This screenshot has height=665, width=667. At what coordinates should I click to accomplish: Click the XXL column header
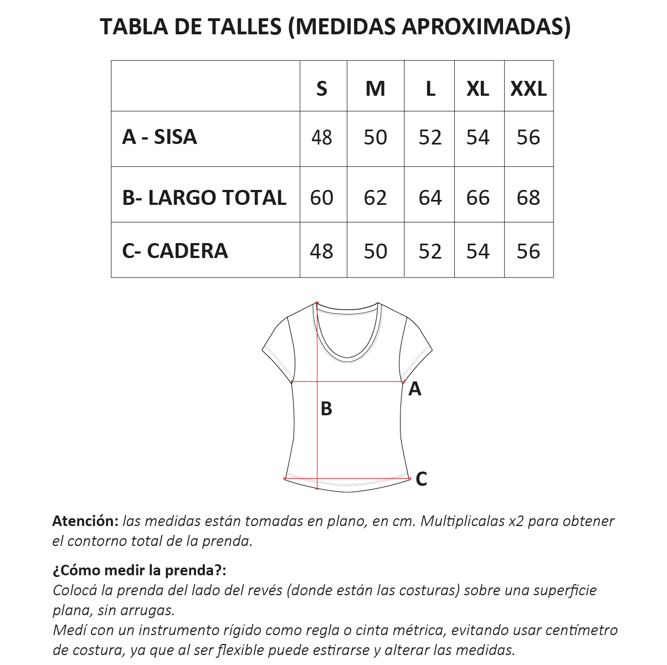(x=528, y=88)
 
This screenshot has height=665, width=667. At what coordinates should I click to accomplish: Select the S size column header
(x=322, y=88)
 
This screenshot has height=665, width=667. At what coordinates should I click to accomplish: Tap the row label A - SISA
(x=160, y=137)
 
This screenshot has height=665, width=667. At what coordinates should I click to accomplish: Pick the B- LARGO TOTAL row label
(x=204, y=197)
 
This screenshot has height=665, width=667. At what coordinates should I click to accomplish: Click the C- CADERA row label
(x=175, y=251)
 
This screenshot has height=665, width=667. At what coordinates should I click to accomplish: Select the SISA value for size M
(x=375, y=137)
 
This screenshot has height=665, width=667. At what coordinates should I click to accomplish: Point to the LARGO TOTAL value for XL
(x=478, y=198)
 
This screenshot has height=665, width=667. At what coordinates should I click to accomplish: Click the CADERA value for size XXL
(x=528, y=251)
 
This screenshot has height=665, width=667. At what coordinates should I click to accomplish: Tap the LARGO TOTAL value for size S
(x=322, y=198)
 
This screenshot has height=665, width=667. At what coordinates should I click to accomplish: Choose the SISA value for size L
(x=430, y=137)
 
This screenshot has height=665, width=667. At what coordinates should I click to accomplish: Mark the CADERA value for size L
(x=430, y=251)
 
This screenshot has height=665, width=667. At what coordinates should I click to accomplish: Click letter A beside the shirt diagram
(x=414, y=389)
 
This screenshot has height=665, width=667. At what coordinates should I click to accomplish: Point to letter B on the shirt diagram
(x=326, y=409)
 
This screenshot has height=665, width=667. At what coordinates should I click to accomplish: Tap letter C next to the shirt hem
(x=421, y=478)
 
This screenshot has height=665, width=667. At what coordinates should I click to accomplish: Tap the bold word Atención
(x=85, y=521)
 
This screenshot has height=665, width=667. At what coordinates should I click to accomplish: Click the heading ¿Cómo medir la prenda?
(x=140, y=570)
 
